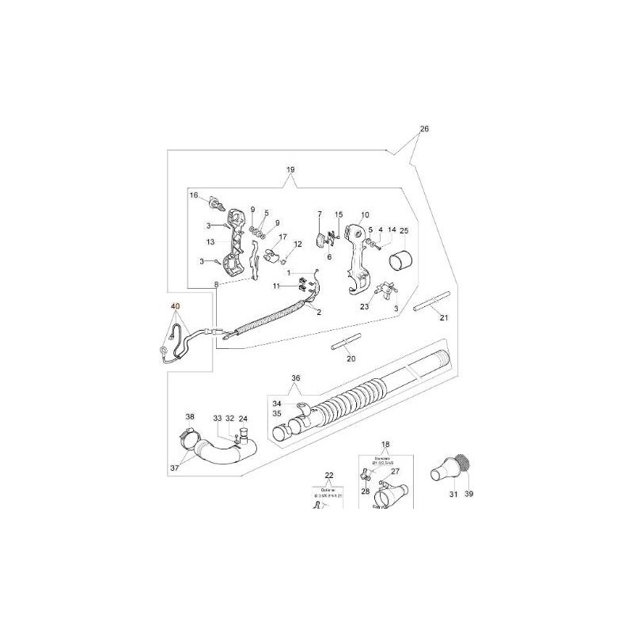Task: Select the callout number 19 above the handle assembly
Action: tap(290, 170)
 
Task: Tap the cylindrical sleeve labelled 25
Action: tap(404, 257)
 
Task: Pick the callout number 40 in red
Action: tap(175, 307)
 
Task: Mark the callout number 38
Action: tap(189, 416)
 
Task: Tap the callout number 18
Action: tap(385, 446)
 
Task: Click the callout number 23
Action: tap(365, 307)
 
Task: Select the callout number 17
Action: tap(282, 236)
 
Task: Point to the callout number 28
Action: tap(366, 491)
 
